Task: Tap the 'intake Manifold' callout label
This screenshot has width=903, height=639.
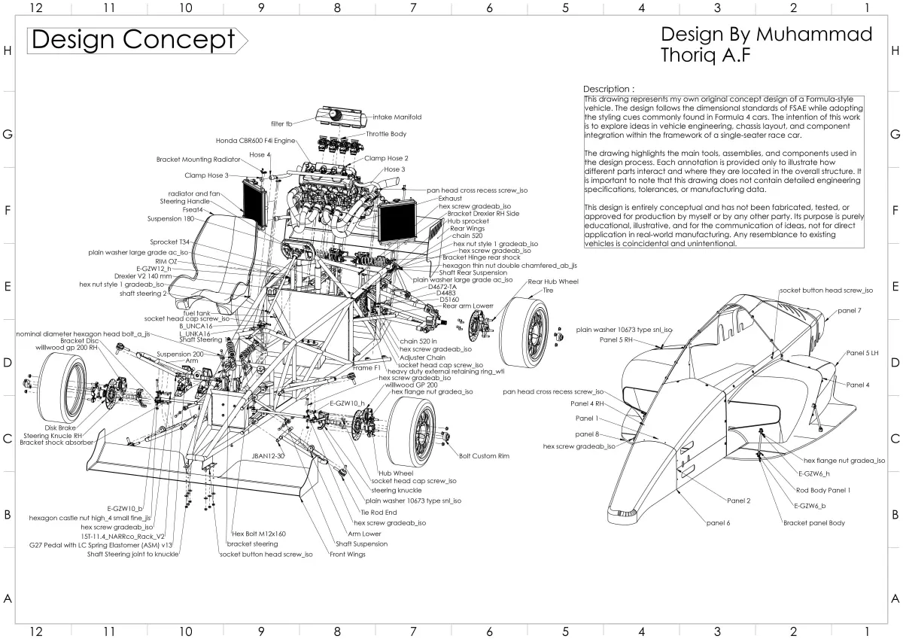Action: click(397, 117)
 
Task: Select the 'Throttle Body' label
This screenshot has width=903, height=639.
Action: click(386, 134)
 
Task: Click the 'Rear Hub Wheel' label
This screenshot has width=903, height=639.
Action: click(553, 281)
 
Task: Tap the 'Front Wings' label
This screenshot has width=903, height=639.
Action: click(347, 555)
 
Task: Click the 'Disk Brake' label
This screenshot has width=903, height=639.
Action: click(61, 428)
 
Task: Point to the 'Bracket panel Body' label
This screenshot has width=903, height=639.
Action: click(813, 522)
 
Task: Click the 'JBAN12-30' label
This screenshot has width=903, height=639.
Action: click(269, 456)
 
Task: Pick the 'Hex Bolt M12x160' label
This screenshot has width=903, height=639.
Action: click(259, 534)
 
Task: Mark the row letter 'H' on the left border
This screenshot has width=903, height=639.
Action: click(8, 51)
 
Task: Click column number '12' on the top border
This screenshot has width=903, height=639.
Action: click(35, 8)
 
